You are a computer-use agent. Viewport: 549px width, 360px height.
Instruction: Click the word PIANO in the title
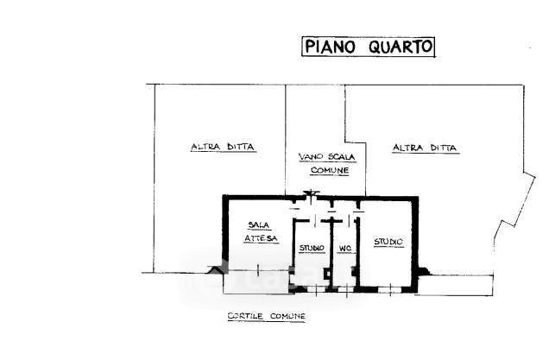[329, 47]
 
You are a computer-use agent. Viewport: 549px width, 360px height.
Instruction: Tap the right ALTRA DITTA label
[426, 148]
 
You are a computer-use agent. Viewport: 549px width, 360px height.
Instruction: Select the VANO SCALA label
[324, 156]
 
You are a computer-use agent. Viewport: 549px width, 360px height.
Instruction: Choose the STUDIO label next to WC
[312, 249]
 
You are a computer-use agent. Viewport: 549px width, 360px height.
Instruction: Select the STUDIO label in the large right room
[388, 242]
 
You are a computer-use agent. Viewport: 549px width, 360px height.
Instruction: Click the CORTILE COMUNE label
[266, 317]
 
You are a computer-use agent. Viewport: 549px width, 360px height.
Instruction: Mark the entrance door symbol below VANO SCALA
[312, 194]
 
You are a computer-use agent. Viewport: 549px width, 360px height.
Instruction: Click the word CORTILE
[246, 317]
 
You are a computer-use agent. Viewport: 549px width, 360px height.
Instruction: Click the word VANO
[309, 156]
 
